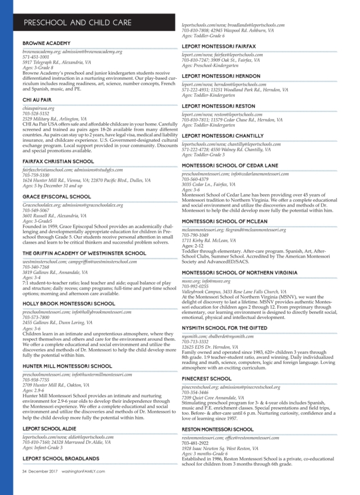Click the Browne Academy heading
(x=46, y=43)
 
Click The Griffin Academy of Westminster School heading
(x=85, y=254)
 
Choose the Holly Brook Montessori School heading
(x=69, y=304)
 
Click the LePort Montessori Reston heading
(x=218, y=106)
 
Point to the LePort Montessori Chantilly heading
(x=223, y=136)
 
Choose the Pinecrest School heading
(x=206, y=363)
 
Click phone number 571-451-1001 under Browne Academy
(x=35, y=57)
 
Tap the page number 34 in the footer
(x=25, y=472)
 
